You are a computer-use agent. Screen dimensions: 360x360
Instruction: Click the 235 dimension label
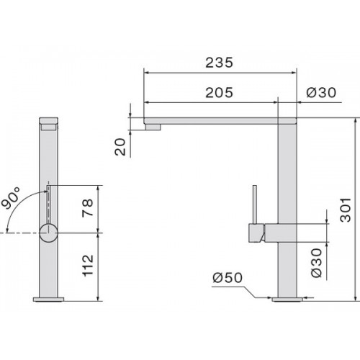[x=219, y=63]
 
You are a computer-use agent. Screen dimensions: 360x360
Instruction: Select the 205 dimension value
[x=219, y=92]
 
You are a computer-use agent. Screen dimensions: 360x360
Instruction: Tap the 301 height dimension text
[x=346, y=210]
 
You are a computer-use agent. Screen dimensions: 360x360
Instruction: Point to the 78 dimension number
[x=87, y=208]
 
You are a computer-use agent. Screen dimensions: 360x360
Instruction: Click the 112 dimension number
[x=88, y=266]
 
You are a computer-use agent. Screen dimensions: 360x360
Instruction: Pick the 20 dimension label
[x=120, y=147]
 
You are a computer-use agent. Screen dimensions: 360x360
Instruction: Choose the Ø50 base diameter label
[x=228, y=278]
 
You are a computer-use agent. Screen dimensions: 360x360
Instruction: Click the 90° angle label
[x=11, y=198]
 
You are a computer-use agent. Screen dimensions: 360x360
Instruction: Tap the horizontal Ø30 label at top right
[x=321, y=92]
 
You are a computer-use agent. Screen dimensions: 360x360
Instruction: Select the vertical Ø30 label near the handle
[x=316, y=263]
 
